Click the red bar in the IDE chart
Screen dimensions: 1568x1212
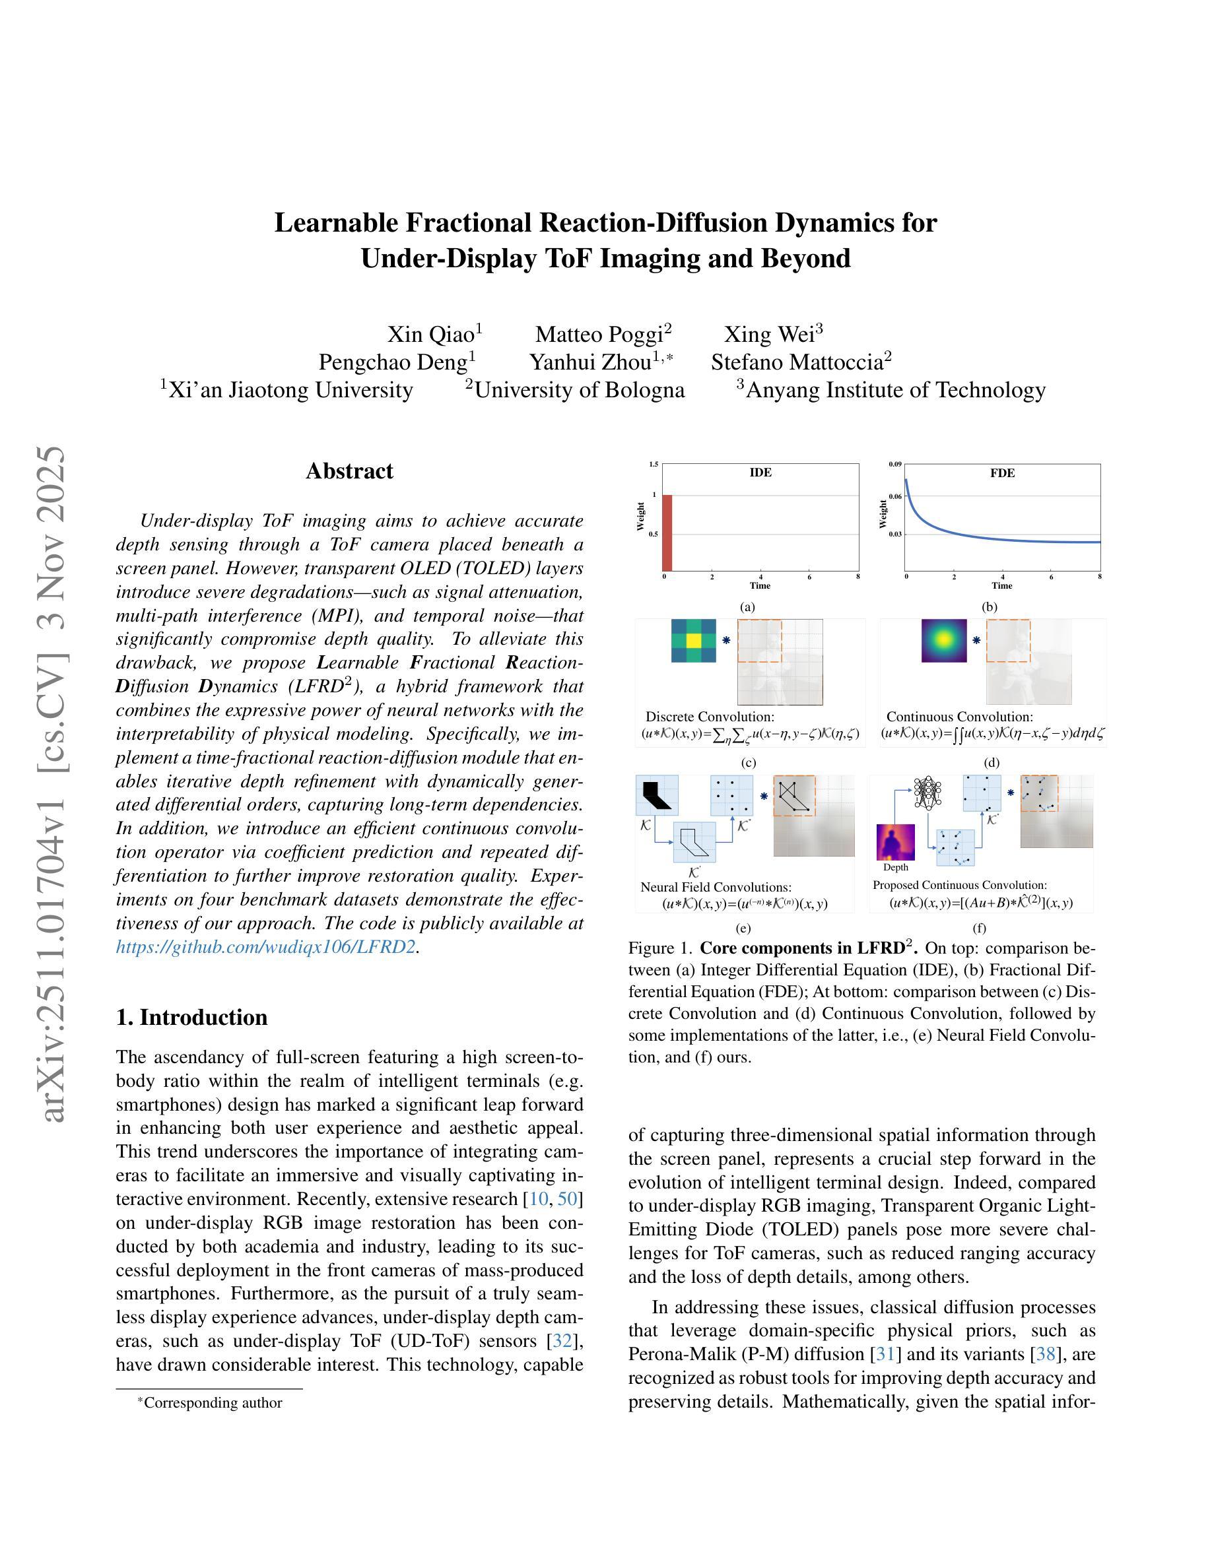tap(667, 533)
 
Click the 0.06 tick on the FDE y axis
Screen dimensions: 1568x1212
tap(895, 496)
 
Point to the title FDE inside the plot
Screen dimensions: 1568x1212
tap(1002, 473)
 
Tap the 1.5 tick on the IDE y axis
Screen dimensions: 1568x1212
tap(654, 465)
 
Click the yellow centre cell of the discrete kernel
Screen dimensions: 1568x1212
tap(694, 640)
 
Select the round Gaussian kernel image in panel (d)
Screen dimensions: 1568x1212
tap(944, 640)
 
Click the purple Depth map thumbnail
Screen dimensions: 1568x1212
tap(896, 842)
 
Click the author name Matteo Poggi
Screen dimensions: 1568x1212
tap(599, 335)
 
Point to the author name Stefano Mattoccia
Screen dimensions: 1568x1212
tap(797, 362)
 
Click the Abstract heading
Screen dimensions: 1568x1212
tap(350, 471)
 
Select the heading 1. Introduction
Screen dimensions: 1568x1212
tap(191, 1018)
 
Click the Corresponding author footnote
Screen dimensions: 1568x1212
tap(213, 1402)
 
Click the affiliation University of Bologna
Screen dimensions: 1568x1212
tap(580, 390)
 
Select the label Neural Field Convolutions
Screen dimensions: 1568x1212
tap(716, 888)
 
